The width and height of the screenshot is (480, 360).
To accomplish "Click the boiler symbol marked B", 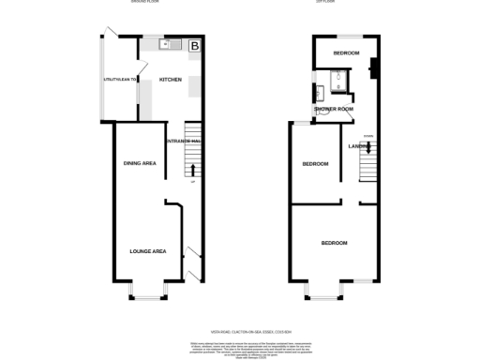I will [x=195, y=45].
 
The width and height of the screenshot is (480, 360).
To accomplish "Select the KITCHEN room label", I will [x=170, y=80].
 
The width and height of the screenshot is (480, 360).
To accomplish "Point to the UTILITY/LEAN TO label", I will [x=120, y=80].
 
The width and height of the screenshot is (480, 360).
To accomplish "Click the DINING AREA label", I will [x=140, y=164].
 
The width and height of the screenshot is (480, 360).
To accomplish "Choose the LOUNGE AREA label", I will [x=147, y=250].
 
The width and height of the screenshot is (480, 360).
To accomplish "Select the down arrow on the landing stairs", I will [x=368, y=146].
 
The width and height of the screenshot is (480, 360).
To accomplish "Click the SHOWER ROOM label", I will [x=334, y=110].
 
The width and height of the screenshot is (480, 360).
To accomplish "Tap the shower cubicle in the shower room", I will [x=343, y=86].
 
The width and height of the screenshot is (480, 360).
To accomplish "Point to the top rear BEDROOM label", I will [x=345, y=53].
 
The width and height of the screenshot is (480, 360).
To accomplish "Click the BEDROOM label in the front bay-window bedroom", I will [x=334, y=243].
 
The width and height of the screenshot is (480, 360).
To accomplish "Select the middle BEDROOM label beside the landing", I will [x=314, y=164].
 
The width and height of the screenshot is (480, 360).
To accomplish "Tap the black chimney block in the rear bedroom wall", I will [x=372, y=67].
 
